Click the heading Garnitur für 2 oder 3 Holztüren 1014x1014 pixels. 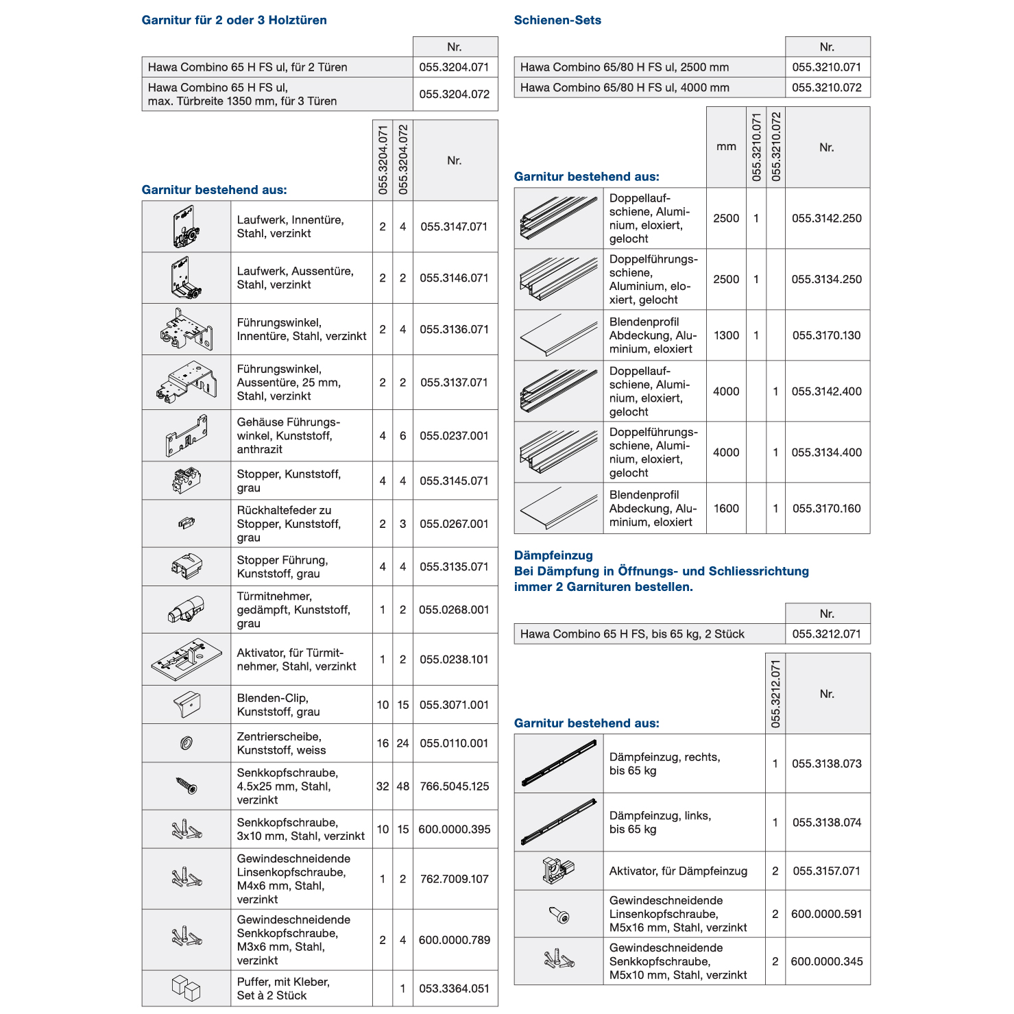234,20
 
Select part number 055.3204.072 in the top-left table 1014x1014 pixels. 454,94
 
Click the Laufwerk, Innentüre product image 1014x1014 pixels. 186,227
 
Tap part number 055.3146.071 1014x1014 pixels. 454,278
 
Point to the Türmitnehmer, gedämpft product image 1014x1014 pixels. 186,609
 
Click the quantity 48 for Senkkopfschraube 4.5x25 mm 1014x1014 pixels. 402,786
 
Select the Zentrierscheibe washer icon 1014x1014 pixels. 186,743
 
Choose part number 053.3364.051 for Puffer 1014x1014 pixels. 454,989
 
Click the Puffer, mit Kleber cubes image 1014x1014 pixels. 186,988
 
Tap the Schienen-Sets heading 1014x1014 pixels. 557,20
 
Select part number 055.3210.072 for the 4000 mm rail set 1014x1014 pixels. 826,87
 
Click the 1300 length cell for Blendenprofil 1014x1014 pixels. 726,335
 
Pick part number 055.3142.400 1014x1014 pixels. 826,391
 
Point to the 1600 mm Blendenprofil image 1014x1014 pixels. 559,509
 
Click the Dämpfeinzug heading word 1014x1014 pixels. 553,555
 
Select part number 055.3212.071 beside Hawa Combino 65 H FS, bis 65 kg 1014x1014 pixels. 826,633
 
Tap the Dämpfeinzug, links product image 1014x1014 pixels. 559,822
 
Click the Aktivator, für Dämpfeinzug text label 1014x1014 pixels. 678,871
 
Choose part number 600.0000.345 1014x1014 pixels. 826,961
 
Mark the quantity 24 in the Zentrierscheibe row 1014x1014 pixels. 402,743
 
